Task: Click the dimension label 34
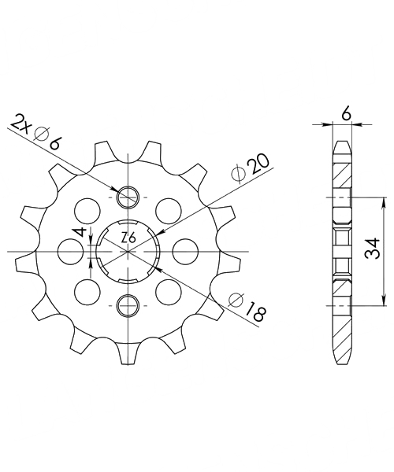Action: [372, 248]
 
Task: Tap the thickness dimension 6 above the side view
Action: [347, 115]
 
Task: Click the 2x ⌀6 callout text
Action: [35, 131]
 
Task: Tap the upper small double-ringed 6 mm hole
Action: [128, 197]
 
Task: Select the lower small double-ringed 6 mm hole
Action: [128, 305]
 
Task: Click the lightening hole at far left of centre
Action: [70, 252]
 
